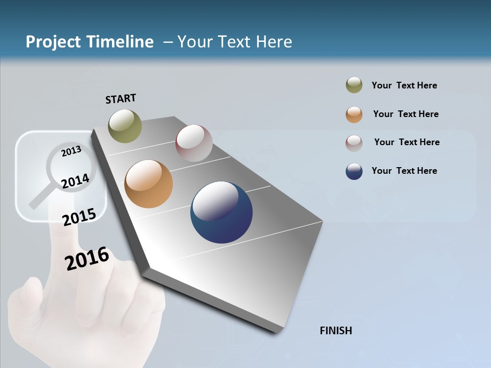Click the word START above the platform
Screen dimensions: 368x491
[121, 99]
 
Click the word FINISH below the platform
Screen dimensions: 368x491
[336, 331]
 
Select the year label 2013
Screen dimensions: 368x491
[72, 151]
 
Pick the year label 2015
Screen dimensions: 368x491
[79, 217]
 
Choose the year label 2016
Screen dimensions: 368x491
[87, 259]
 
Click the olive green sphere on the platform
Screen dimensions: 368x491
[125, 126]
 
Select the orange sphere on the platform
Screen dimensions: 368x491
[148, 184]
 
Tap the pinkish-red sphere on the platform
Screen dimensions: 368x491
[194, 143]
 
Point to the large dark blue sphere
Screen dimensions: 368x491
[221, 212]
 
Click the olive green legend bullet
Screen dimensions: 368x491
[354, 85]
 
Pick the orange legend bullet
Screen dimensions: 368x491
[354, 114]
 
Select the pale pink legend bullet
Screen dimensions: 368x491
[354, 143]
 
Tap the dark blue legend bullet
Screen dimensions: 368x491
[354, 172]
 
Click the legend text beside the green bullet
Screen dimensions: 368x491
[404, 85]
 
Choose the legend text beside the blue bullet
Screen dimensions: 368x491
[404, 171]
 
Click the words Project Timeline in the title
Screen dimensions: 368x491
[90, 42]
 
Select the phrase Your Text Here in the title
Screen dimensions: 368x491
[234, 42]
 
